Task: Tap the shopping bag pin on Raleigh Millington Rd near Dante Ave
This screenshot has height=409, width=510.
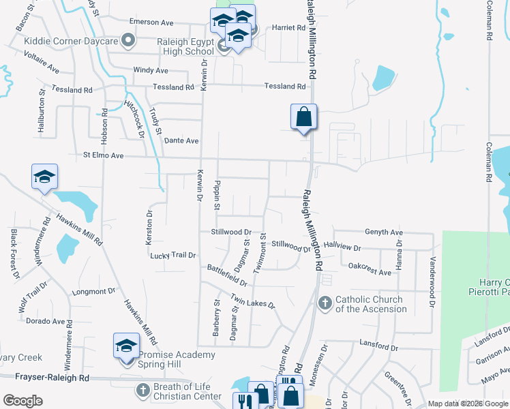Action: [x=303, y=117]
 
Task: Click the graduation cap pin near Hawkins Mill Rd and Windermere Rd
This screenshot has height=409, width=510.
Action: [x=44, y=177]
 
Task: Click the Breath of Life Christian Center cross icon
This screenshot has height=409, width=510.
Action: [x=142, y=391]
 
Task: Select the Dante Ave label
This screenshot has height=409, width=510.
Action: [x=181, y=140]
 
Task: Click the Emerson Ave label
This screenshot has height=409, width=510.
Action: [x=148, y=22]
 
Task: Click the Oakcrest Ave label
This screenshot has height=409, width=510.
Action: [x=370, y=272]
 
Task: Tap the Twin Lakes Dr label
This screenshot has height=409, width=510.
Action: [x=252, y=301]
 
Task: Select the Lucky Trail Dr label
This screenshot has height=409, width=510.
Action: [x=173, y=255]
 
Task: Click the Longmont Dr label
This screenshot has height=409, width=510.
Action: [x=93, y=291]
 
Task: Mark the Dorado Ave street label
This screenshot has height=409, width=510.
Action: [x=46, y=321]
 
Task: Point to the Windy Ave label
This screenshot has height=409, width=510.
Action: [x=151, y=70]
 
